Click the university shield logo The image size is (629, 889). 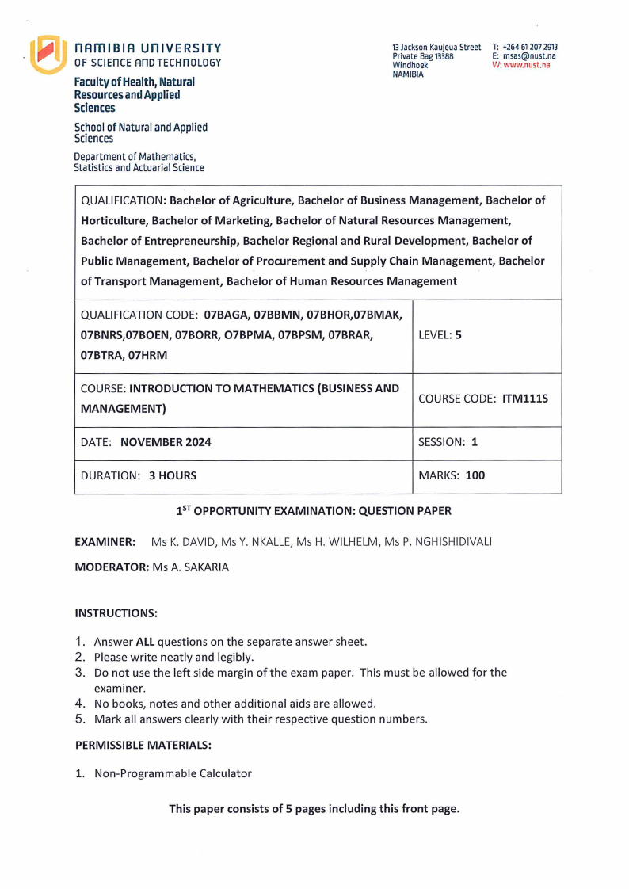click(x=47, y=55)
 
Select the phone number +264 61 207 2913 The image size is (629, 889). click(x=530, y=48)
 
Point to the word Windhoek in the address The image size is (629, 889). click(x=410, y=65)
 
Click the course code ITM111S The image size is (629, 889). click(x=525, y=399)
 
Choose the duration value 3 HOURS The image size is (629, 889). click(x=173, y=476)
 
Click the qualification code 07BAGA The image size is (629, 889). click(x=227, y=315)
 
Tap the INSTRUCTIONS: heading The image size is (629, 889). click(x=116, y=613)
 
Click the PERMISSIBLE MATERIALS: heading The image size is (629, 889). click(x=143, y=746)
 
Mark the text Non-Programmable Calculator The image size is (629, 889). click(x=173, y=773)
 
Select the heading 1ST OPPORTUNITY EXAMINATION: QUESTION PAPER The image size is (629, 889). click(x=314, y=512)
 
